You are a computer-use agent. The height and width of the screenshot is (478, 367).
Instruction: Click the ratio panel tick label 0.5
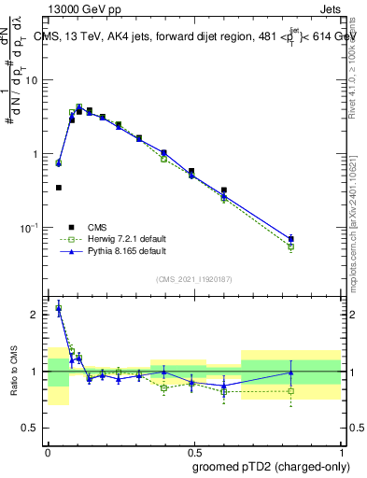point(31,429)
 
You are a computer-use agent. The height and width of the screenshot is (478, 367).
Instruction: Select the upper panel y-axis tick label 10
point(31,80)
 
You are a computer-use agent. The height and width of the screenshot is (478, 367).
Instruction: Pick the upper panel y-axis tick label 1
point(35,154)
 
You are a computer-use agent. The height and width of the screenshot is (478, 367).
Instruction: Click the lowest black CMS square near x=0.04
point(59,188)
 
